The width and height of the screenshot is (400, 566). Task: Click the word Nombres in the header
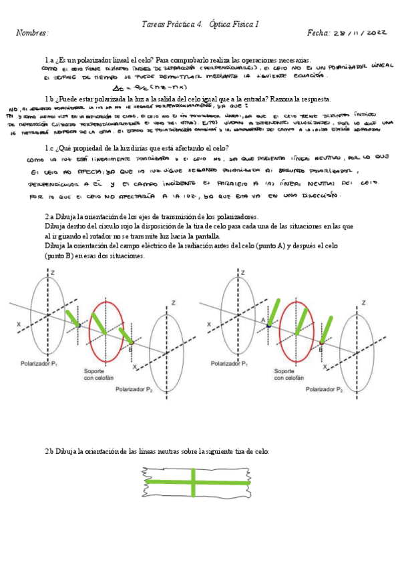[x=31, y=33]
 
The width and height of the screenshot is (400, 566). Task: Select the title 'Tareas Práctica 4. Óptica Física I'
[x=200, y=24]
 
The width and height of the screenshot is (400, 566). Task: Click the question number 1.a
[x=49, y=60]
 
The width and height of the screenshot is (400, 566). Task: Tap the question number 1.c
[x=49, y=148]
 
